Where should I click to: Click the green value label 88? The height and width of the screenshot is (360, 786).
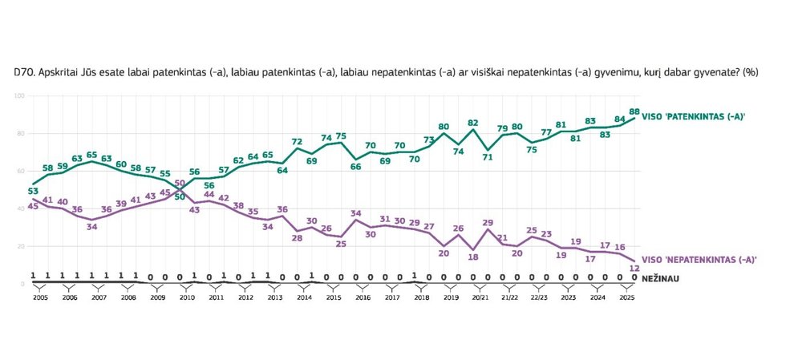634,111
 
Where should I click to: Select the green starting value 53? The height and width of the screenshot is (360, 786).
33,191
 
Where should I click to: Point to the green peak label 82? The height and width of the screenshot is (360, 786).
473,123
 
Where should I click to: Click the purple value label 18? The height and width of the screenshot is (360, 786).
473,257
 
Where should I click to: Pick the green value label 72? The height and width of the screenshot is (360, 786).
297,141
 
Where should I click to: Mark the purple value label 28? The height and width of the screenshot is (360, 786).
297,238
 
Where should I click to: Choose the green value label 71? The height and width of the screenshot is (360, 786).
488,157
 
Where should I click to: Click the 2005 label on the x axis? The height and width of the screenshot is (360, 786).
40,297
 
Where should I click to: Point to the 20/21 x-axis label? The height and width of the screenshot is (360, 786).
479,297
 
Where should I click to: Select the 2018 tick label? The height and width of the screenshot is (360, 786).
421,297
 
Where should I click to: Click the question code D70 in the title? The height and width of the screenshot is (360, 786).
24,72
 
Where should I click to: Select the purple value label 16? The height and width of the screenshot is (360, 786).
620,247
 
